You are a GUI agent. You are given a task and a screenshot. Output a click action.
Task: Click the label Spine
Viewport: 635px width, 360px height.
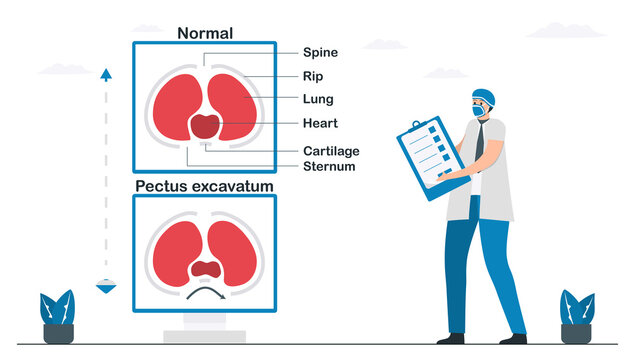coord(320,52)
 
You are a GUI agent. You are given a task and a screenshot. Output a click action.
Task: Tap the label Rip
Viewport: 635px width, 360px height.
coord(313,76)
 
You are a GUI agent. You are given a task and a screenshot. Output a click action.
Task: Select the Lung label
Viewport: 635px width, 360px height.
coord(318,100)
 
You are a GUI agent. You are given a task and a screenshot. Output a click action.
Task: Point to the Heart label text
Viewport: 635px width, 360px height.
coord(320,124)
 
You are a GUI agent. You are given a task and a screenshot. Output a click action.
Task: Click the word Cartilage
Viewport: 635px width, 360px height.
coord(331,151)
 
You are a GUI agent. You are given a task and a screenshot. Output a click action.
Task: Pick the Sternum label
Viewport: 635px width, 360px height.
coord(329,166)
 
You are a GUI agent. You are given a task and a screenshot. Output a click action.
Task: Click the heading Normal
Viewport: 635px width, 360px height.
coord(205,33)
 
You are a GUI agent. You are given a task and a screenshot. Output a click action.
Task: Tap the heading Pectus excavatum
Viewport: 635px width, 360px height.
coord(205,186)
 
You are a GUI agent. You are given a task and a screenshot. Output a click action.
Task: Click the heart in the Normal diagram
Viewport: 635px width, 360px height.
coord(205,126)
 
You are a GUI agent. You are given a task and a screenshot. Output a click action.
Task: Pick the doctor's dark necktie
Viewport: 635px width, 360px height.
coord(481,141)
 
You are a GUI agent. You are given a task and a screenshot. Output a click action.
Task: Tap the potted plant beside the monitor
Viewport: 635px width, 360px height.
coord(57,317)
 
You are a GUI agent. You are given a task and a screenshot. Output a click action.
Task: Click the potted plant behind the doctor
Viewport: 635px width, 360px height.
coord(577,317)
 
